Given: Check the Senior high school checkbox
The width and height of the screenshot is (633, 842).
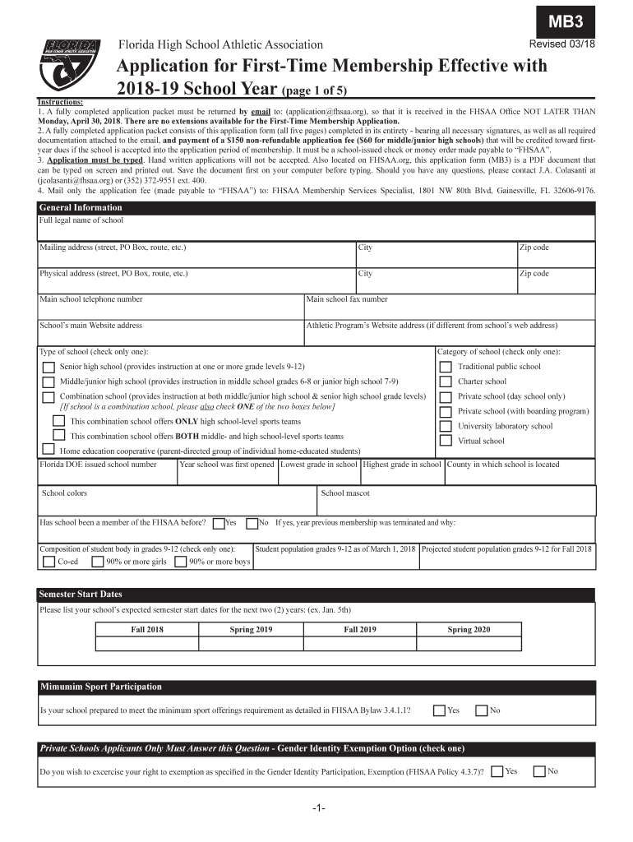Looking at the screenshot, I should click(x=49, y=367).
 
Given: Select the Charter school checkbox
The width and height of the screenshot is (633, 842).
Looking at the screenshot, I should click(x=445, y=382).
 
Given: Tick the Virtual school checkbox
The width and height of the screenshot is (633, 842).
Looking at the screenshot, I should click(x=445, y=441).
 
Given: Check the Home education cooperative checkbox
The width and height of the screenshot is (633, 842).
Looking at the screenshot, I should click(x=49, y=450).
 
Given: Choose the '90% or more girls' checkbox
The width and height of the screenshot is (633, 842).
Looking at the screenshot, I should click(x=97, y=562).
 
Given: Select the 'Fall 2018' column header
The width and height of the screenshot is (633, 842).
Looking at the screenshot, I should click(x=149, y=630).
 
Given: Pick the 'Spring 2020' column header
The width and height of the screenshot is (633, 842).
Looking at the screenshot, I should click(x=469, y=630).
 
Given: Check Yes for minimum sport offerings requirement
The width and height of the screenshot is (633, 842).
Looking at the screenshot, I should click(x=440, y=710).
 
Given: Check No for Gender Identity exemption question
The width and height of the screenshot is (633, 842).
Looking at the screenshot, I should click(x=539, y=771).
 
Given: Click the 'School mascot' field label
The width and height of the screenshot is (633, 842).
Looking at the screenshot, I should click(x=345, y=493).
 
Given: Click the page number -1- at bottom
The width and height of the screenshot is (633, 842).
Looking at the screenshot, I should click(x=318, y=808).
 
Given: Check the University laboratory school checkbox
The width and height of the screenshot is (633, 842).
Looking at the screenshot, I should click(x=445, y=426).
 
